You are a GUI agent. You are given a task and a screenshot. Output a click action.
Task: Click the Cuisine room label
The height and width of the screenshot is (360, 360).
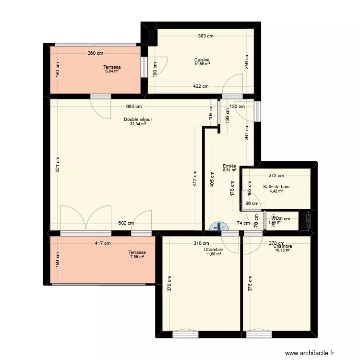(202, 60)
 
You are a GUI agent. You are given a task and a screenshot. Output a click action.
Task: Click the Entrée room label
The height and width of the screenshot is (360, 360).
(229, 166)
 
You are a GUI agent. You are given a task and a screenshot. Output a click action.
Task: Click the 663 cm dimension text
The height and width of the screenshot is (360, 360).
(134, 107)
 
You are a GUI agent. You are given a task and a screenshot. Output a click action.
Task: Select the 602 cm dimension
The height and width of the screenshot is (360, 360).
(127, 223)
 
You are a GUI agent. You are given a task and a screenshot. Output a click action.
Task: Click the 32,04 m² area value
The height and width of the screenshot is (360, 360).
(138, 124)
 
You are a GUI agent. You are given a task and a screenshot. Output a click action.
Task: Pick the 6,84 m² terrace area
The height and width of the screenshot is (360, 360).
(112, 71)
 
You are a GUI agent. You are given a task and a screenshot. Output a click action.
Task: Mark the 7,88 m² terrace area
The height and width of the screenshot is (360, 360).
(137, 257)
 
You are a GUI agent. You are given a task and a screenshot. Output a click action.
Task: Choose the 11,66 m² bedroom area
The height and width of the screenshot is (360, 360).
(213, 254)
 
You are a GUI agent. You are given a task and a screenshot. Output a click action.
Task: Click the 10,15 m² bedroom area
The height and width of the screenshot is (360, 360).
(283, 250)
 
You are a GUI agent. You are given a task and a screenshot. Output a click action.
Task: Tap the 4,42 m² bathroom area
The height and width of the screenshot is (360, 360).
(276, 191)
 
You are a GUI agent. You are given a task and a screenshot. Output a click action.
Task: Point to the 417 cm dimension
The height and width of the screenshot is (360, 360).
(102, 243)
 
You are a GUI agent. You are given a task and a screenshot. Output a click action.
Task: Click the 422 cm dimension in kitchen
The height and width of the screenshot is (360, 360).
(200, 86)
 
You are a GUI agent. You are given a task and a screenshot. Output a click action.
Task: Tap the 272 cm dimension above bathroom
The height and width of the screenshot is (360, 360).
(276, 176)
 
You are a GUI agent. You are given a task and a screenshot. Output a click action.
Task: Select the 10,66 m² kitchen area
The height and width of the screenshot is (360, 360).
(202, 64)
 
